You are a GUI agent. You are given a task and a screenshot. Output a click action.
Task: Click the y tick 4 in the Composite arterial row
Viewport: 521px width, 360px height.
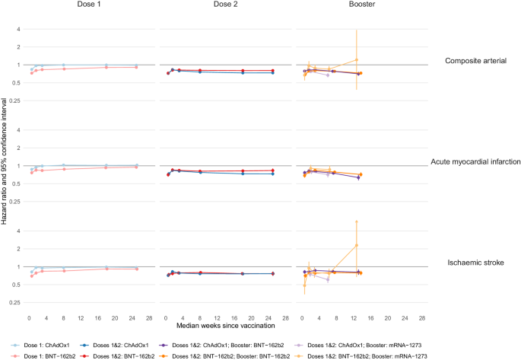19,30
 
